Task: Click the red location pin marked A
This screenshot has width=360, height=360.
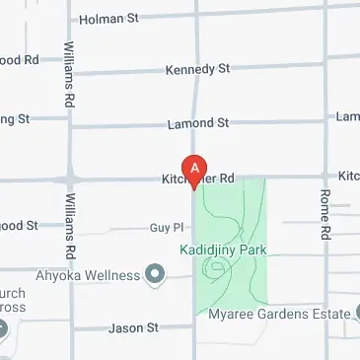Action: [194, 171]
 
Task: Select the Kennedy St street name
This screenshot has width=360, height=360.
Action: [199, 70]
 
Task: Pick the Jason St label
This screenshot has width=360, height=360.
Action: [132, 327]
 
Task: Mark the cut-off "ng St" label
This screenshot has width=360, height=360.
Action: [15, 118]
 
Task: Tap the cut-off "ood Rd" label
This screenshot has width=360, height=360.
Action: [19, 60]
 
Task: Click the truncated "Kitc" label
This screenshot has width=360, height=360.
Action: [348, 176]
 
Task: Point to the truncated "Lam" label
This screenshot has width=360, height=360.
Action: [347, 117]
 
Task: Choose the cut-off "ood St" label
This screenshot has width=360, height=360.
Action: [19, 226]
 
